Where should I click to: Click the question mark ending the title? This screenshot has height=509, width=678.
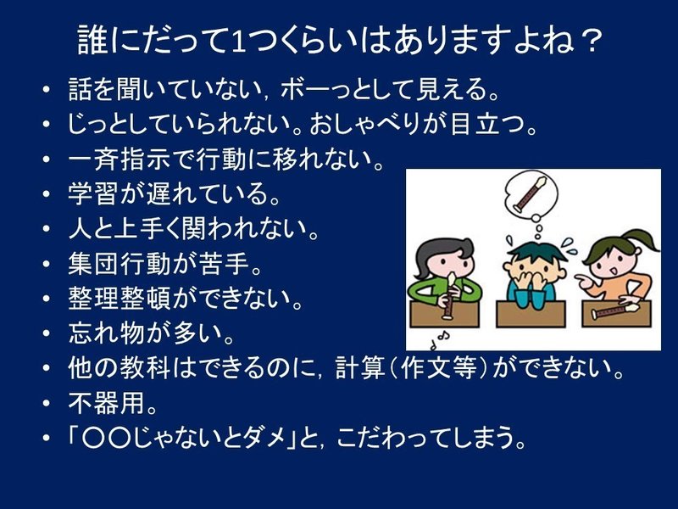tap(589, 41)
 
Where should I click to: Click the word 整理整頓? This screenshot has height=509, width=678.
tap(119, 299)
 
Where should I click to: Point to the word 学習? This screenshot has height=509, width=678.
tap(93, 193)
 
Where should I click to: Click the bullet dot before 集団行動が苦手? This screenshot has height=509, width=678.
tap(47, 264)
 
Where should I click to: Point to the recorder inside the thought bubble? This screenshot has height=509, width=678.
tap(531, 194)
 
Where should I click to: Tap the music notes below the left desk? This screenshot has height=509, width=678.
tap(439, 340)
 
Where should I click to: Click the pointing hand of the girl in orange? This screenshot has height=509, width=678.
tap(585, 282)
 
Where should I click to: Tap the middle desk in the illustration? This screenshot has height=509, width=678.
tap(531, 314)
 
